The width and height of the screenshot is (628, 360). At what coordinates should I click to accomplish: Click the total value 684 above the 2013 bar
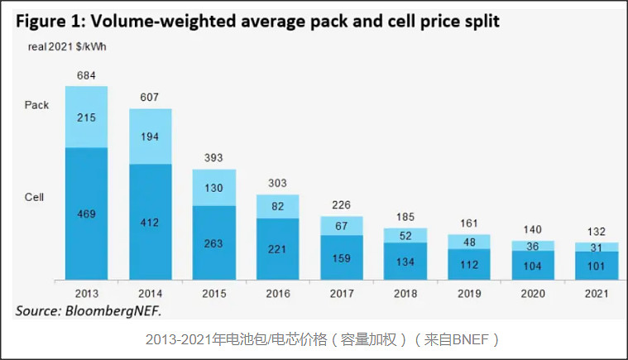[x=87, y=75]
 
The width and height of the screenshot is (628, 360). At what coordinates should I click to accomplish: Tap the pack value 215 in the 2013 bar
[x=87, y=118]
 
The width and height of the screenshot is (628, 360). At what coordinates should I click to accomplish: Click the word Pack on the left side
[x=37, y=105]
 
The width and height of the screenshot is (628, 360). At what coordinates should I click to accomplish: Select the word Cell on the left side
[x=35, y=197]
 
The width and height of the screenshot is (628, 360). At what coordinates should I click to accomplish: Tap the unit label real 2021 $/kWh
[x=65, y=46]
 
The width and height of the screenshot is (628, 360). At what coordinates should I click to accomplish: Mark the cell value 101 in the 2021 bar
[x=597, y=266]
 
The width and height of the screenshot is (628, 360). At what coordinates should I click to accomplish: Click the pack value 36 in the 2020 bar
[x=533, y=246]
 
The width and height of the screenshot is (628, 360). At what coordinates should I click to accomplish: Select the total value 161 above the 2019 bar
[x=469, y=223]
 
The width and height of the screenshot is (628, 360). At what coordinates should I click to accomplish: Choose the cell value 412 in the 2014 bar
[x=151, y=222]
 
